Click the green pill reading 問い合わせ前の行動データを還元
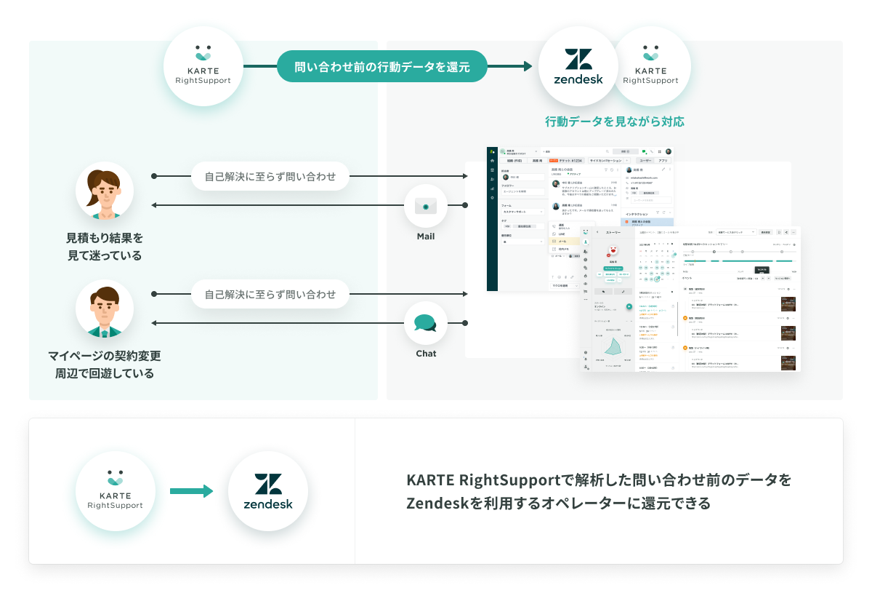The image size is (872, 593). (x=381, y=67)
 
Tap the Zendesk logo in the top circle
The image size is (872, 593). (x=578, y=67)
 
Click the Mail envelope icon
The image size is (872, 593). (x=426, y=206)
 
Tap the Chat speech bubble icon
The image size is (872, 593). (x=426, y=323)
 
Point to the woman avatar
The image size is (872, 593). (x=105, y=191)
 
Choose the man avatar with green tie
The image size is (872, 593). (x=105, y=309)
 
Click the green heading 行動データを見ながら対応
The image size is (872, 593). (x=615, y=122)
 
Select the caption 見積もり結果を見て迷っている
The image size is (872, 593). (x=105, y=247)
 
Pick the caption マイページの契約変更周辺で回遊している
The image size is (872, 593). (x=105, y=365)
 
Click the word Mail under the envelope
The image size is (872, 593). (x=426, y=236)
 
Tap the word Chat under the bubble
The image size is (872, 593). (x=426, y=354)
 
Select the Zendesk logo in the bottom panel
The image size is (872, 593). (x=268, y=491)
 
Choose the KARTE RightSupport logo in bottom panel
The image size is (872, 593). (x=116, y=491)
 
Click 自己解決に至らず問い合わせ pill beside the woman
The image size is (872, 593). (x=270, y=176)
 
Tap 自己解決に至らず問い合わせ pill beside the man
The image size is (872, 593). (x=270, y=295)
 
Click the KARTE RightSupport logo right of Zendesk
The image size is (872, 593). (x=651, y=67)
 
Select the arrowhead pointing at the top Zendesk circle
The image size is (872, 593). (x=528, y=67)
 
